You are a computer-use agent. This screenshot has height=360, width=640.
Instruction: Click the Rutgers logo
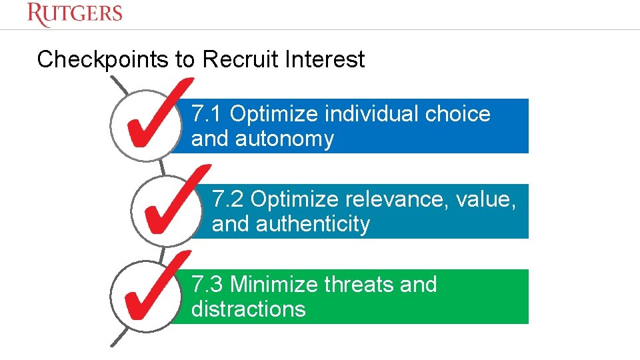pyautogui.click(x=75, y=14)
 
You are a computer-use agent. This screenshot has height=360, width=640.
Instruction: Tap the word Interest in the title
pyautogui.click(x=325, y=60)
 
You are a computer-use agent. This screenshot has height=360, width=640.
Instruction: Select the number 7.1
pyautogui.click(x=207, y=114)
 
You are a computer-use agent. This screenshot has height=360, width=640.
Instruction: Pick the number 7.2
pyautogui.click(x=228, y=199)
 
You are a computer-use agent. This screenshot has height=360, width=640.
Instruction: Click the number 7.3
pyautogui.click(x=207, y=285)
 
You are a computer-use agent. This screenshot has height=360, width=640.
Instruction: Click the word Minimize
pyautogui.click(x=274, y=285)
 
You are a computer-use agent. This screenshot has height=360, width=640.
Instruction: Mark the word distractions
pyautogui.click(x=248, y=309)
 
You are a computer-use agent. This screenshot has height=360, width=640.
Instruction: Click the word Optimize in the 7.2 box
pyautogui.click(x=294, y=199)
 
